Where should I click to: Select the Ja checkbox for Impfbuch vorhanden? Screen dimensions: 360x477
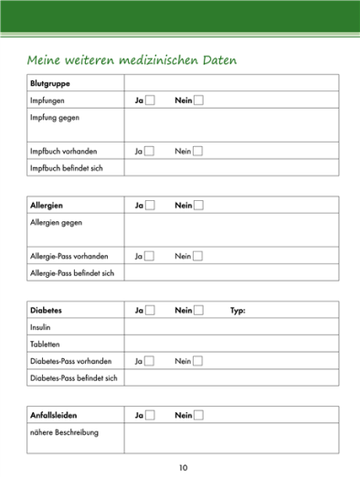click(150, 151)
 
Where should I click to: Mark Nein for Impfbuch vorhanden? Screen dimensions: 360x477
click(198, 151)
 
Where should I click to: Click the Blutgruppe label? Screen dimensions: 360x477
click(48, 83)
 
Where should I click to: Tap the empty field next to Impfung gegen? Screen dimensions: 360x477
click(230, 125)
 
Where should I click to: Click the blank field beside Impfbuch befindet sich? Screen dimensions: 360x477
click(230, 168)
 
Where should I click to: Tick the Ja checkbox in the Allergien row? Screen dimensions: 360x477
click(150, 206)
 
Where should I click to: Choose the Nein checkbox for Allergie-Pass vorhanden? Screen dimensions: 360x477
click(198, 256)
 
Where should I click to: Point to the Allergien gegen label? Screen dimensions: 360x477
click(56, 223)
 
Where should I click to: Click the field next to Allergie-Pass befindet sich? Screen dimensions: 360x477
click(230, 273)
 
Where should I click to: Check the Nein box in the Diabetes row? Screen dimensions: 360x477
click(198, 311)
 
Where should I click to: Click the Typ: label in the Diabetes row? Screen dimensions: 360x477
click(238, 311)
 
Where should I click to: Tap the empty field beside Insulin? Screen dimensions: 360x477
click(230, 327)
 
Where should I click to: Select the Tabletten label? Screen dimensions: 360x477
click(47, 344)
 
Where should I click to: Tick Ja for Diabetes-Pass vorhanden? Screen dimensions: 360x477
click(150, 361)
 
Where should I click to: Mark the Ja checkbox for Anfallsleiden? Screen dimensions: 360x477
click(150, 416)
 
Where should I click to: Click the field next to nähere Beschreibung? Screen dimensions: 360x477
click(230, 439)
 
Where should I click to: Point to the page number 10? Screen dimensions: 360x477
click(183, 468)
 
